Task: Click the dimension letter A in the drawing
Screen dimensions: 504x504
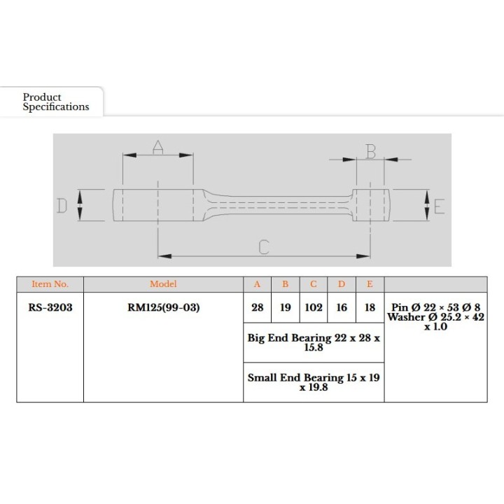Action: click(157, 147)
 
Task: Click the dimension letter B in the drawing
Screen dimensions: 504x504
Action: click(370, 152)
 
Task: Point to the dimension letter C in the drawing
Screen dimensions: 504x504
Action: click(264, 247)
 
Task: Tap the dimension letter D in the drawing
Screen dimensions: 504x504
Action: click(62, 206)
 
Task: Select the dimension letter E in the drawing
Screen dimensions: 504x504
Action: click(439, 206)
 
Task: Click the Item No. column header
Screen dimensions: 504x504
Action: click(50, 284)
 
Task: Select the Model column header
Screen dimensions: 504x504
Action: click(163, 284)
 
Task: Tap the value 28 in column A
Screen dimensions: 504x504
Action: click(258, 307)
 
